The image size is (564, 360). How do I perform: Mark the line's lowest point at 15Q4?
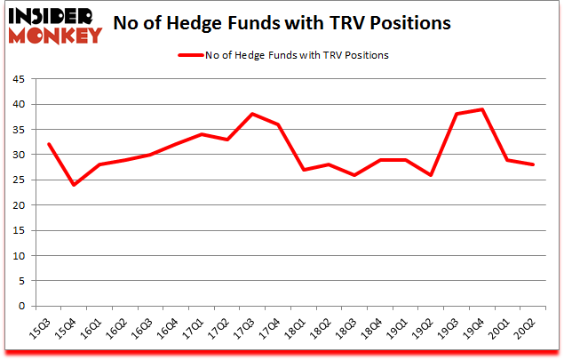pos(74,185)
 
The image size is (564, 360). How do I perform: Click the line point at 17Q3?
pos(227,114)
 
